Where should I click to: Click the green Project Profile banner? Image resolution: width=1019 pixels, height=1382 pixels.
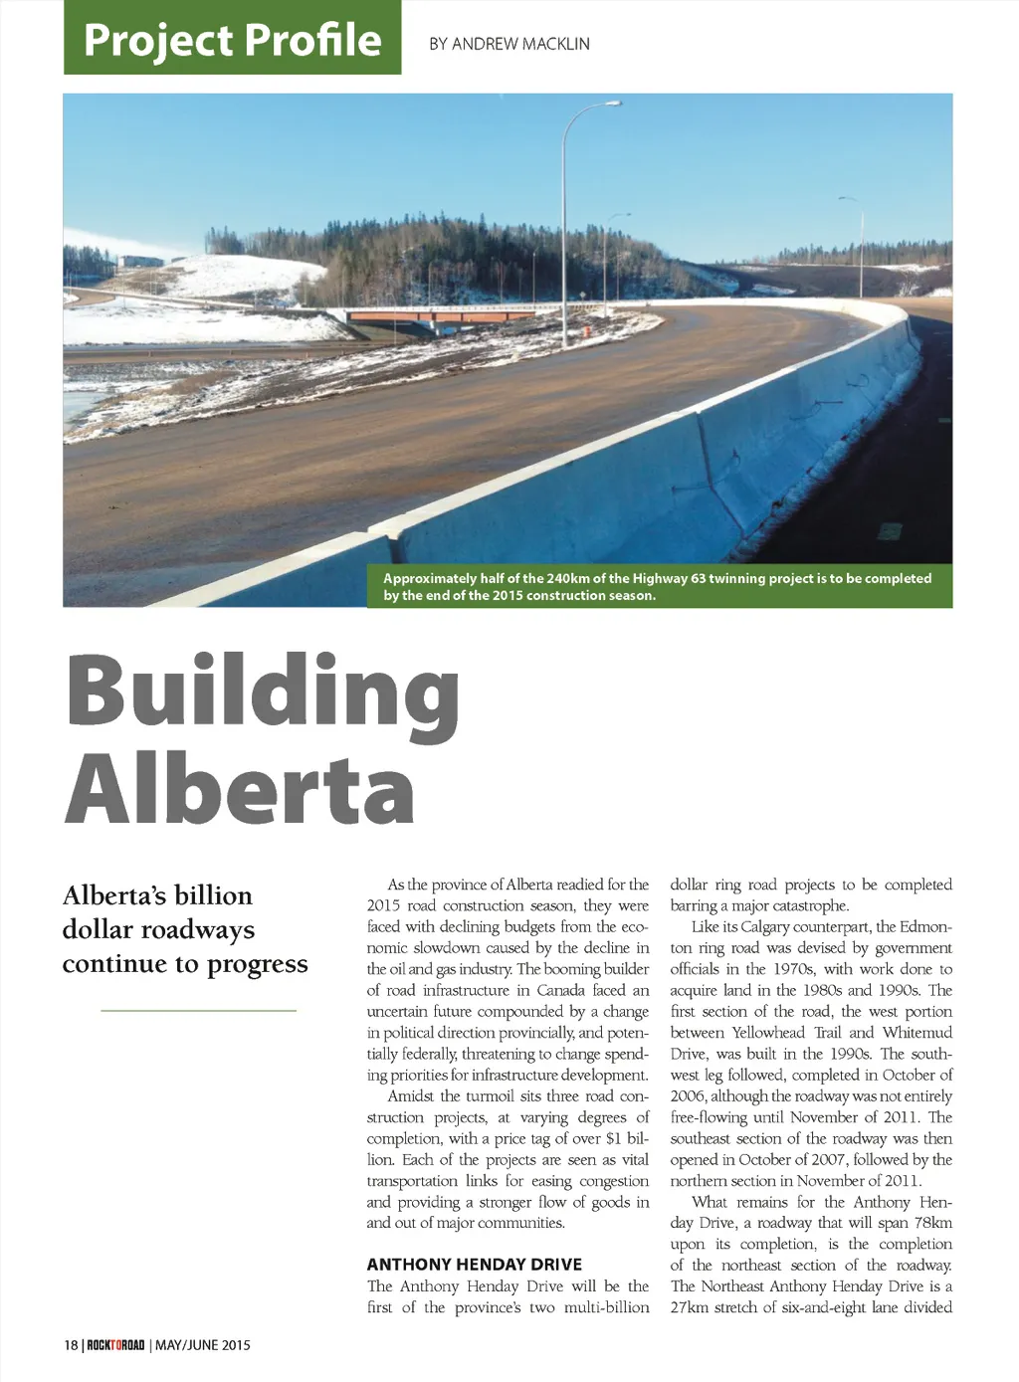pos(232,38)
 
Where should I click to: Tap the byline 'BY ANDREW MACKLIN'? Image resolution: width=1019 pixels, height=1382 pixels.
pos(509,44)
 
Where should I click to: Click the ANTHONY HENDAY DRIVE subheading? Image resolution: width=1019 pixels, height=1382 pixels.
pos(474,1265)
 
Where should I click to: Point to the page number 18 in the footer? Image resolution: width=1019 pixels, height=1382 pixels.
pos(71,1345)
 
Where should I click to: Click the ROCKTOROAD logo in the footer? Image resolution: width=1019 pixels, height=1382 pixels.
pos(115,1345)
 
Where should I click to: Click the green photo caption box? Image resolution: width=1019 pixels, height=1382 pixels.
pos(659,586)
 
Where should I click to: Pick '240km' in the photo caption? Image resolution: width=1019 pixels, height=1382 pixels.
pos(568,578)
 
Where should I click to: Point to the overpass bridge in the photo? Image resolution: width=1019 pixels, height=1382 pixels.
pos(418,317)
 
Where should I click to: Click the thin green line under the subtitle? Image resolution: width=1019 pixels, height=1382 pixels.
pos(199,1010)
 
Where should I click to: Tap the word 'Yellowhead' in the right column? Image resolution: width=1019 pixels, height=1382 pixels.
pos(767,1033)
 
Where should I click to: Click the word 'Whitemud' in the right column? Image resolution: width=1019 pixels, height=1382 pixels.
pos(917,1033)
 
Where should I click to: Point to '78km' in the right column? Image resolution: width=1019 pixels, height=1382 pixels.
pos(932,1223)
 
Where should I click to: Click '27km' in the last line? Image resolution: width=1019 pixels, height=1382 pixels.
pos(689,1307)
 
